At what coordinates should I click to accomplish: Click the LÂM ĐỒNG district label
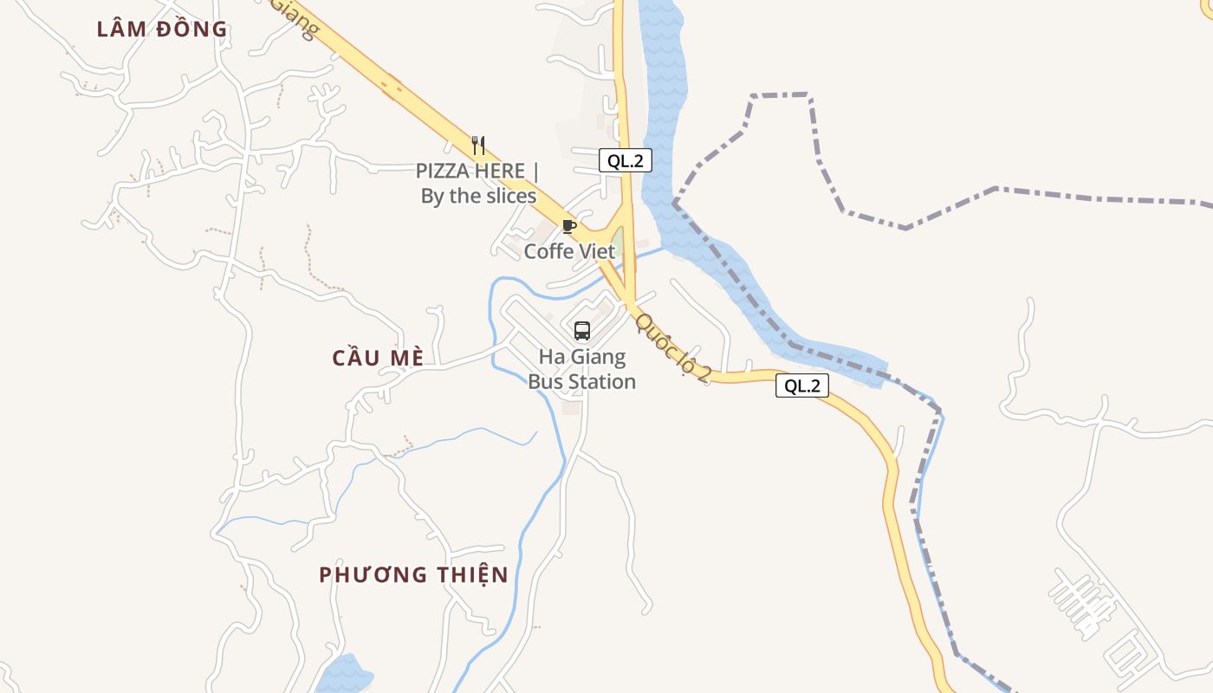(162, 29)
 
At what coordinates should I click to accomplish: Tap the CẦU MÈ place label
(379, 358)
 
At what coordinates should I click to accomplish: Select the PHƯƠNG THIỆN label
(413, 574)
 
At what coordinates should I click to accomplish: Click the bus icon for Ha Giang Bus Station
(582, 330)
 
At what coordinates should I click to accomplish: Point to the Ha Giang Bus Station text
(582, 369)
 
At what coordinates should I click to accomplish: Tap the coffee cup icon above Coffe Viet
(568, 226)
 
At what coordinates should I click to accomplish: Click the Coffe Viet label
(569, 251)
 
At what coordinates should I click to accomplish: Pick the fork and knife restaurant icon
(477, 145)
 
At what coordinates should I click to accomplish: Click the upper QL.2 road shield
(625, 159)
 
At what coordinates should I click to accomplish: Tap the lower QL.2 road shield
(801, 385)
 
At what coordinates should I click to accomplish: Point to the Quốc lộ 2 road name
(673, 347)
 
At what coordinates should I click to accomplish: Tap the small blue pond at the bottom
(344, 675)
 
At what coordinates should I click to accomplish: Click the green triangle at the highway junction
(617, 239)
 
